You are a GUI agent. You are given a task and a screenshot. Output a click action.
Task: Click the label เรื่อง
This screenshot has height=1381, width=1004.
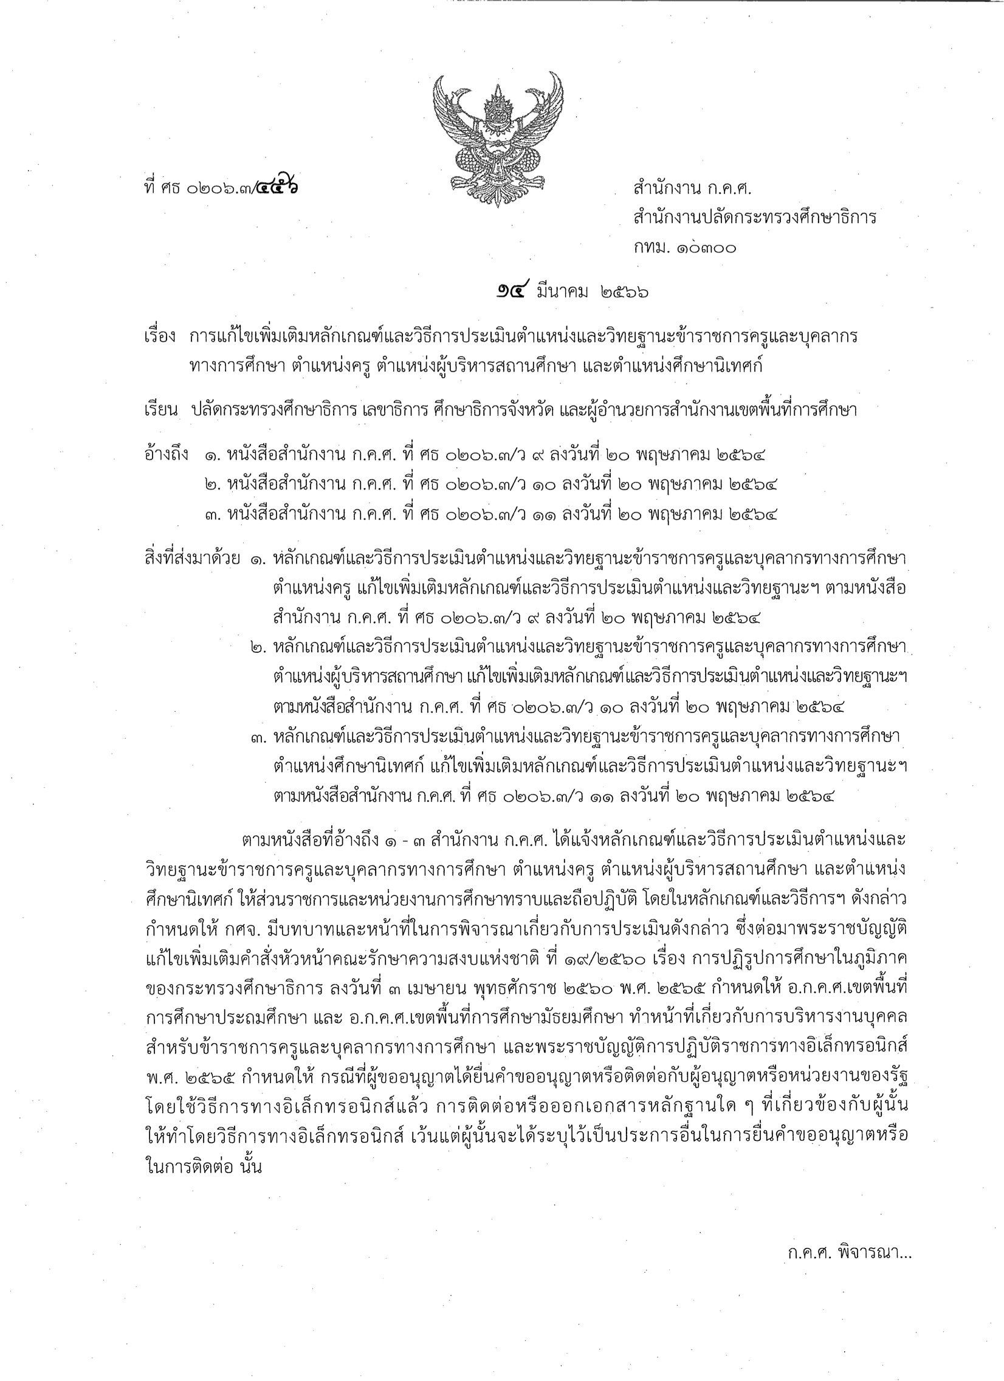pos(160,337)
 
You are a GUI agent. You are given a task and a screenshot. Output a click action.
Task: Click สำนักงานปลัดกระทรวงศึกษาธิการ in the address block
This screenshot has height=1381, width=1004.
pos(754,218)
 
